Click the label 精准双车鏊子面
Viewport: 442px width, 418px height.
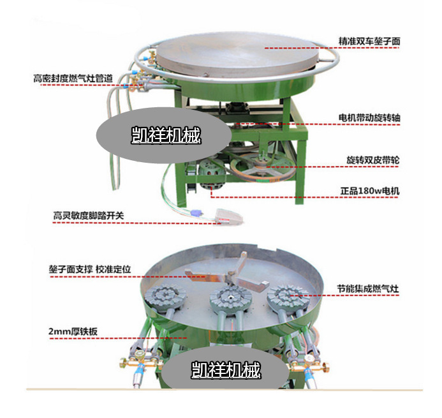click(369, 41)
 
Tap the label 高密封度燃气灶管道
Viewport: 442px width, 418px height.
click(73, 78)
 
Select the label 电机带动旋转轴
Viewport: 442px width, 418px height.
click(369, 117)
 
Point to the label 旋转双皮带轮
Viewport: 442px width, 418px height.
click(373, 160)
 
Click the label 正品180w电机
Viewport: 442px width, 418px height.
click(370, 191)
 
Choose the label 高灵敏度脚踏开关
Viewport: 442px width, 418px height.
click(89, 216)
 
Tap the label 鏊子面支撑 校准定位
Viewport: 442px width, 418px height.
click(90, 269)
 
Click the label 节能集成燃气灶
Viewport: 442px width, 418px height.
click(368, 288)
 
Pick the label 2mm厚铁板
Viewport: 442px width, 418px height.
click(73, 331)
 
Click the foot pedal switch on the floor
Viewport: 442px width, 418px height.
click(229, 216)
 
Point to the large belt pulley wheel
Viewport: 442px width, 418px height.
click(263, 167)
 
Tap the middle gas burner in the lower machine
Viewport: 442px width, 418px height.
click(231, 299)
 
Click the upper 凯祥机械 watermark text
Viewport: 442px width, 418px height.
click(166, 135)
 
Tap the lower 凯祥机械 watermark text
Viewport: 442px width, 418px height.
click(226, 369)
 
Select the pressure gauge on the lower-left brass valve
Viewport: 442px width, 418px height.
click(139, 354)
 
